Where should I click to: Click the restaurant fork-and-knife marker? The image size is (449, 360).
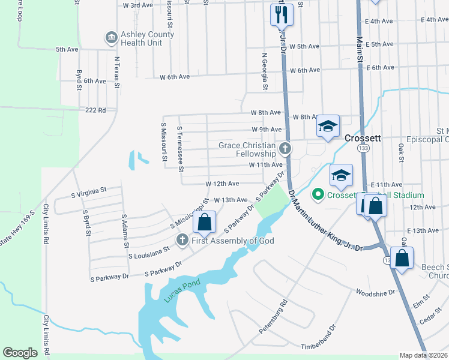click(x=282, y=13)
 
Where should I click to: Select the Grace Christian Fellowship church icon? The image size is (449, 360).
click(x=285, y=148)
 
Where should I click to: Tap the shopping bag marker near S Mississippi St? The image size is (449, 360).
click(x=205, y=221)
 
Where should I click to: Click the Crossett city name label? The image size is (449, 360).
click(x=363, y=137)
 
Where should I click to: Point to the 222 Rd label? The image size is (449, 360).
click(x=95, y=110)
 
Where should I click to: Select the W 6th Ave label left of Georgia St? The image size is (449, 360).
click(x=175, y=77)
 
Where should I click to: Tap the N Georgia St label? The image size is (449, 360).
click(x=264, y=71)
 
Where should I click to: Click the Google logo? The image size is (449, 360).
click(x=20, y=353)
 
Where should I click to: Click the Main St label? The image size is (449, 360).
click(x=361, y=50)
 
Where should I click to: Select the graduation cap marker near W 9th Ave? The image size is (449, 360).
click(x=328, y=127)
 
